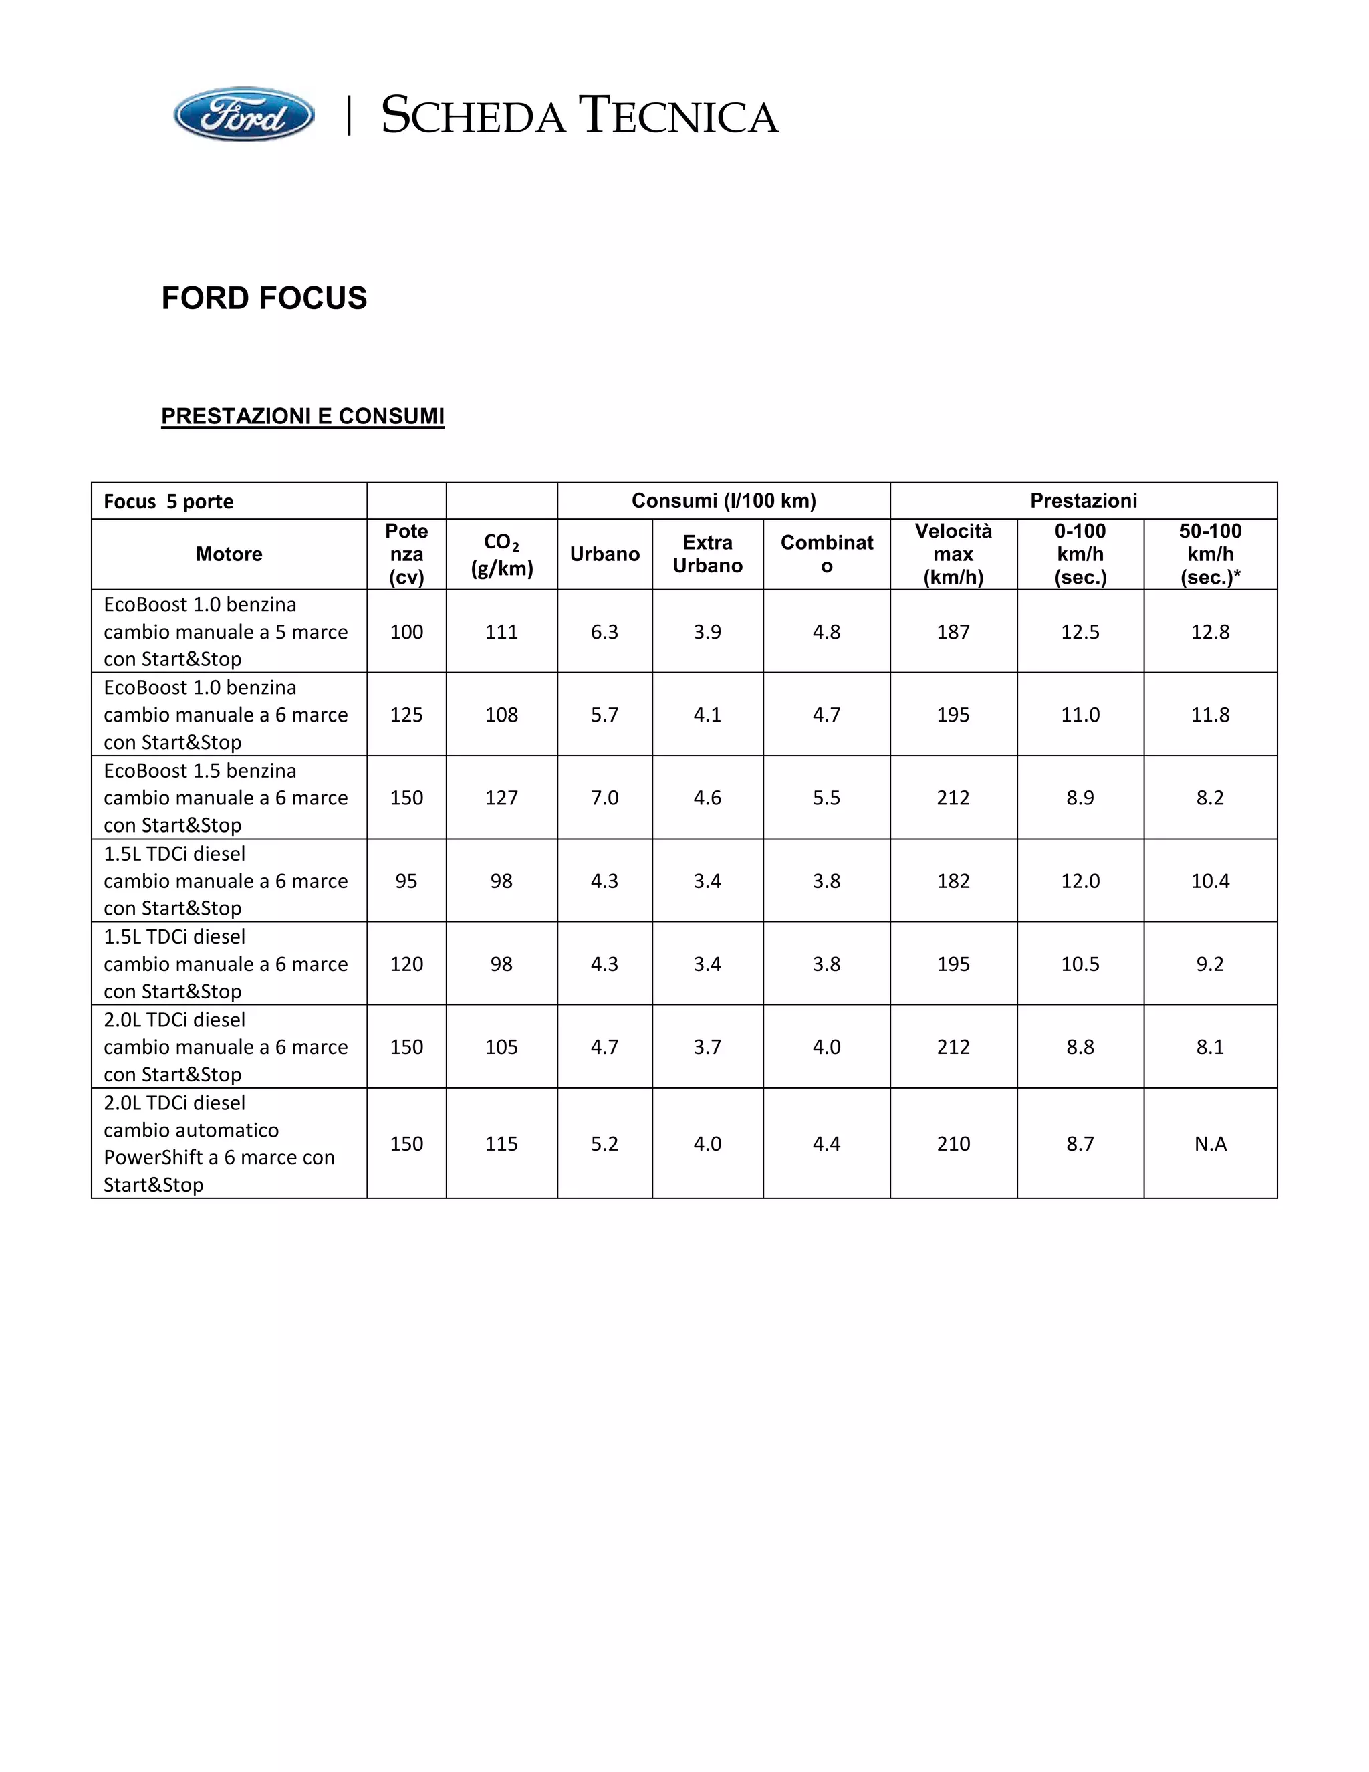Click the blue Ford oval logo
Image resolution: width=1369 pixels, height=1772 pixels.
[x=243, y=115]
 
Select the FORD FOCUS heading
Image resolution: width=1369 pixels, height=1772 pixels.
[x=265, y=298]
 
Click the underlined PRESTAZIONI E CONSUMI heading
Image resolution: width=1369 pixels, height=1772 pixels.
[x=303, y=416]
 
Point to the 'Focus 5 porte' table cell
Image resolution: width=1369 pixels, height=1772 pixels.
[x=168, y=502]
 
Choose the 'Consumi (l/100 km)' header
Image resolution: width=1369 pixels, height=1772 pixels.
[x=723, y=501]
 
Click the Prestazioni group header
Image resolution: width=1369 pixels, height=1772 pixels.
[x=1084, y=501]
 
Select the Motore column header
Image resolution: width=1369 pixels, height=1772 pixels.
[x=229, y=554]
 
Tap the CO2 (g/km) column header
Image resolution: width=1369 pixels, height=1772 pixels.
[x=501, y=555]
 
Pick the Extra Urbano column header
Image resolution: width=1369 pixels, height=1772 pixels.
[x=707, y=554]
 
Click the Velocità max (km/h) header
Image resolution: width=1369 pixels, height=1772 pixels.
[x=953, y=554]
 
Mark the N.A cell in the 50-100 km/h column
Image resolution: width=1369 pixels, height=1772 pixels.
[x=1210, y=1144]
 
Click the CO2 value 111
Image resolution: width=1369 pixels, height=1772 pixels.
[x=501, y=632]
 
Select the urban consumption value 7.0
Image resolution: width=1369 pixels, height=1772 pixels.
[x=604, y=798]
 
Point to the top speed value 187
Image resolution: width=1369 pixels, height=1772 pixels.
[x=953, y=632]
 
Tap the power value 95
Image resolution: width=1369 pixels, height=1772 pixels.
[x=406, y=881]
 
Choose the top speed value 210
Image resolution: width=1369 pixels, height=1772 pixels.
[x=953, y=1144]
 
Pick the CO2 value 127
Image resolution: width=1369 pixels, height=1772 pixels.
[x=501, y=798]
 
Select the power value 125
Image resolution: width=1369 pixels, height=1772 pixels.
[x=406, y=715]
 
